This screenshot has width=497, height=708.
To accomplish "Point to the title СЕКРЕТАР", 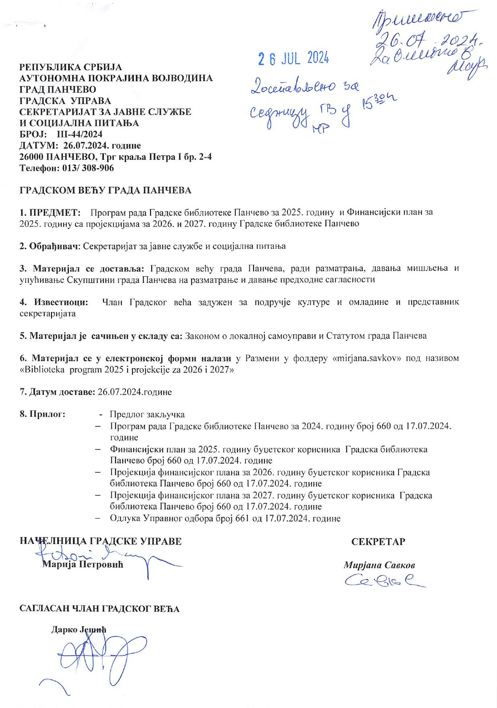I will [x=378, y=542].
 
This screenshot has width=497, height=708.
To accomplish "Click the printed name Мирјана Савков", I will [x=379, y=565].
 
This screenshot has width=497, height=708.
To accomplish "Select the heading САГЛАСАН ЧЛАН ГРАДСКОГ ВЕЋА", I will [x=100, y=609].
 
